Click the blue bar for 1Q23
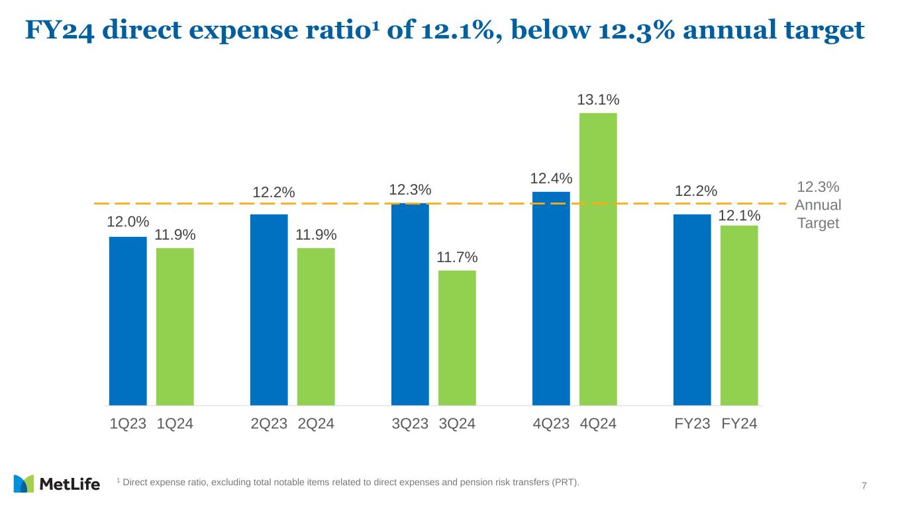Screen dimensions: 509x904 point(128,320)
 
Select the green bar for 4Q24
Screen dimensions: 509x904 point(598,259)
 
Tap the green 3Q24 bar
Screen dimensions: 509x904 point(457,338)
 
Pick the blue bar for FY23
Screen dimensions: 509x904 point(692,309)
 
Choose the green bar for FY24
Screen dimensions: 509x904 point(739,315)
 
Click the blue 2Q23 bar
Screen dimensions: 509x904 point(269,309)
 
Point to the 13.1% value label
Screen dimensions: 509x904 point(598,100)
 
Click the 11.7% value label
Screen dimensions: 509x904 point(457,257)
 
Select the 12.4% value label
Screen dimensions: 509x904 point(551,179)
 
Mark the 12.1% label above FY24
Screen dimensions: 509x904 point(739,216)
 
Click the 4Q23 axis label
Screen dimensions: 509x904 point(551,424)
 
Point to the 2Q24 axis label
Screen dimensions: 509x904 point(316,424)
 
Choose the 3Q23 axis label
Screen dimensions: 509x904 point(410,424)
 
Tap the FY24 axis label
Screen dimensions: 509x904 point(739,424)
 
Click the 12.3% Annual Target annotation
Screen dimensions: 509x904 point(818,205)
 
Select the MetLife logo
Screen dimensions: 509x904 point(56,484)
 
